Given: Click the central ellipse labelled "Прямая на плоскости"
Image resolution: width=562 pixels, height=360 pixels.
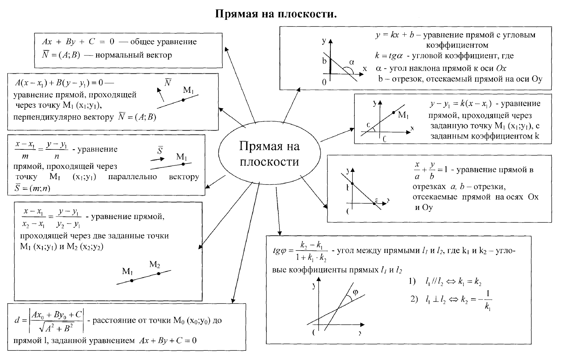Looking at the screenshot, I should pyautogui.click(x=269, y=154).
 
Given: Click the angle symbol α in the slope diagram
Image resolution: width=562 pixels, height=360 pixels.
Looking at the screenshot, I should pyautogui.click(x=351, y=62).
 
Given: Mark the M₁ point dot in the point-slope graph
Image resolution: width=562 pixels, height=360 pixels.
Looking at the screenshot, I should pyautogui.click(x=393, y=113).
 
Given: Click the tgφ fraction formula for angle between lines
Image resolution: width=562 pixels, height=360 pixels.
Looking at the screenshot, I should pyautogui.click(x=300, y=251).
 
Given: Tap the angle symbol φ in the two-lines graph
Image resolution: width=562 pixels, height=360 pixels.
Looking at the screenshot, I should pyautogui.click(x=355, y=292).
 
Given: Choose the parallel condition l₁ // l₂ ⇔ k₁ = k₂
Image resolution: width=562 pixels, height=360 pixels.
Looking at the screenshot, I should pyautogui.click(x=453, y=282).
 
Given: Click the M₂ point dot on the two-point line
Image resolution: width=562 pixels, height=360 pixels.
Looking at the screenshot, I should pyautogui.click(x=159, y=273).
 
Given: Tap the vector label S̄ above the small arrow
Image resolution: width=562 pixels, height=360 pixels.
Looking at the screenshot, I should pyautogui.click(x=160, y=151).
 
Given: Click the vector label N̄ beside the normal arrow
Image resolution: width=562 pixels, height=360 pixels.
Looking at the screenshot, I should pyautogui.click(x=168, y=82).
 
